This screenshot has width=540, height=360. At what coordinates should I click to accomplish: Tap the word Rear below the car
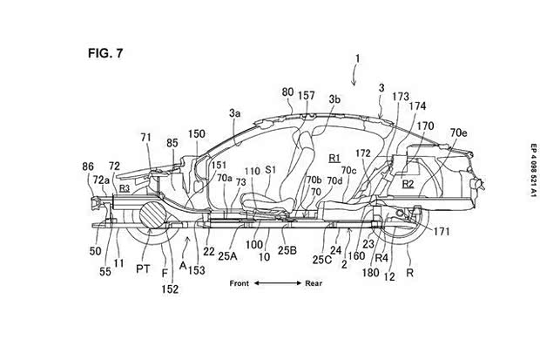[314, 283]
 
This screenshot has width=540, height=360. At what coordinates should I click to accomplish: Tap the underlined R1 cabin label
[334, 158]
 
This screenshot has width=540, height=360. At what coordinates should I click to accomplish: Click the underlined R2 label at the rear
[408, 184]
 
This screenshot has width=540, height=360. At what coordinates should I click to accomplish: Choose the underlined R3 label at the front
[100, 187]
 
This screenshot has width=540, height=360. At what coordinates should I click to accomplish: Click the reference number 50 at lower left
[95, 250]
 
